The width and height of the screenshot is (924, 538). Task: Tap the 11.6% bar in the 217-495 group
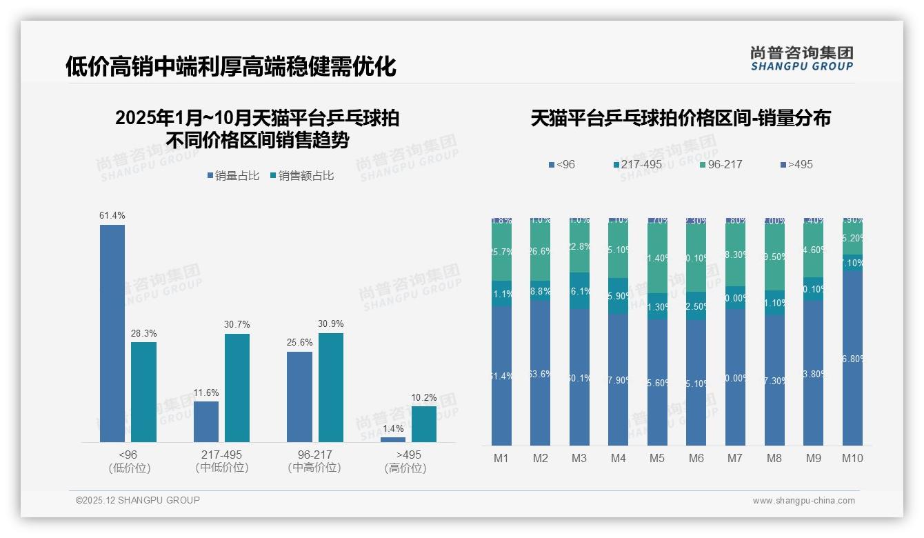coord(206,421)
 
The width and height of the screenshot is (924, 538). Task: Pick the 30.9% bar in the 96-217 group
coord(331,388)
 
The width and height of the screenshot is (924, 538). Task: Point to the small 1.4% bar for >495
coord(393,439)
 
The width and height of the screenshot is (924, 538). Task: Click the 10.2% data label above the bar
coord(424,397)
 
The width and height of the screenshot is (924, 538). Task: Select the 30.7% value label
coord(237,325)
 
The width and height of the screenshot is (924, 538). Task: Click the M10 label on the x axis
coord(852,458)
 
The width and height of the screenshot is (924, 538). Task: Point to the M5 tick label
coord(657,458)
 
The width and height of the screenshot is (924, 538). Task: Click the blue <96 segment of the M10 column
coord(852,358)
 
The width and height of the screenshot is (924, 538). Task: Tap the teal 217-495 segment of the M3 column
coord(579,290)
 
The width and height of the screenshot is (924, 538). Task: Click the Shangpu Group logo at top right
coord(801,58)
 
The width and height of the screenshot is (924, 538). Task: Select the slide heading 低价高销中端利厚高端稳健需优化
coord(230,67)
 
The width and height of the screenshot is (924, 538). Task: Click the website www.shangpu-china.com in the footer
coord(803,501)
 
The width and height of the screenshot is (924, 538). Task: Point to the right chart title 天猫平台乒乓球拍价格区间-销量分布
coord(681,118)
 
